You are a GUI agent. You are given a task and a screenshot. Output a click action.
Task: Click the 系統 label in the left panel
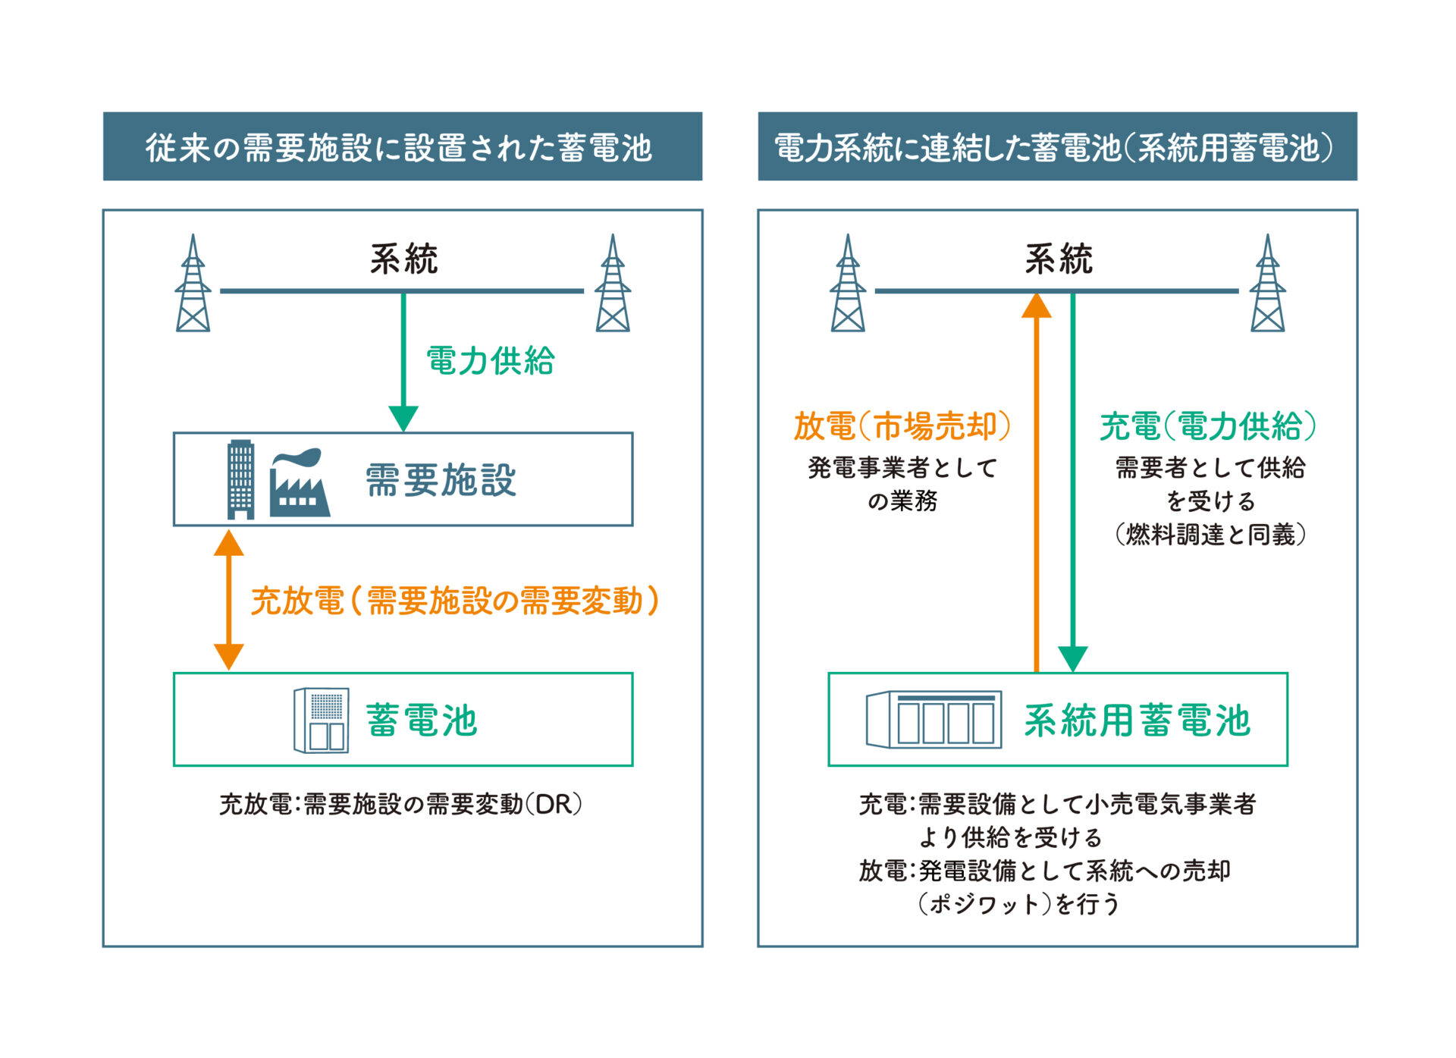tap(403, 259)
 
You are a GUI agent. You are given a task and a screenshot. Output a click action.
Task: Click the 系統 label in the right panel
tap(1059, 259)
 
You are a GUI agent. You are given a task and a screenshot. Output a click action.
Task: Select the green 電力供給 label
tap(491, 360)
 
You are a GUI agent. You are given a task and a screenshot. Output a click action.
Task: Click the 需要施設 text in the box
tap(441, 480)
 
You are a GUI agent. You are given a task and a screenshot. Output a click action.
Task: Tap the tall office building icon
tap(241, 479)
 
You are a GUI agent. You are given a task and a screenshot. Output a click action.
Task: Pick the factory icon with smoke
tap(299, 483)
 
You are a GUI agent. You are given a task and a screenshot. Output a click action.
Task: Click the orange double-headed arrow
tap(228, 600)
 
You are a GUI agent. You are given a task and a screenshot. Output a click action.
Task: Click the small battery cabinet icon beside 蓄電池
tap(322, 720)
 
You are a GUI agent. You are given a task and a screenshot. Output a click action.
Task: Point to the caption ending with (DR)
tap(400, 804)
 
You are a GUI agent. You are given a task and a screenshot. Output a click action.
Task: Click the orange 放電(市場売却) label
tap(902, 426)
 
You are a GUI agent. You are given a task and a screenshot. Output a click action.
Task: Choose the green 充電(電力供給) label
tap(1208, 426)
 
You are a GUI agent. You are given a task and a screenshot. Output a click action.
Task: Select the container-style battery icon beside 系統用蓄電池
tap(934, 720)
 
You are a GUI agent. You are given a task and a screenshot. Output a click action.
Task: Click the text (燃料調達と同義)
tap(1210, 535)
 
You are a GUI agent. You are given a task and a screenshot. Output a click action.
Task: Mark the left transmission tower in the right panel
tap(848, 284)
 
